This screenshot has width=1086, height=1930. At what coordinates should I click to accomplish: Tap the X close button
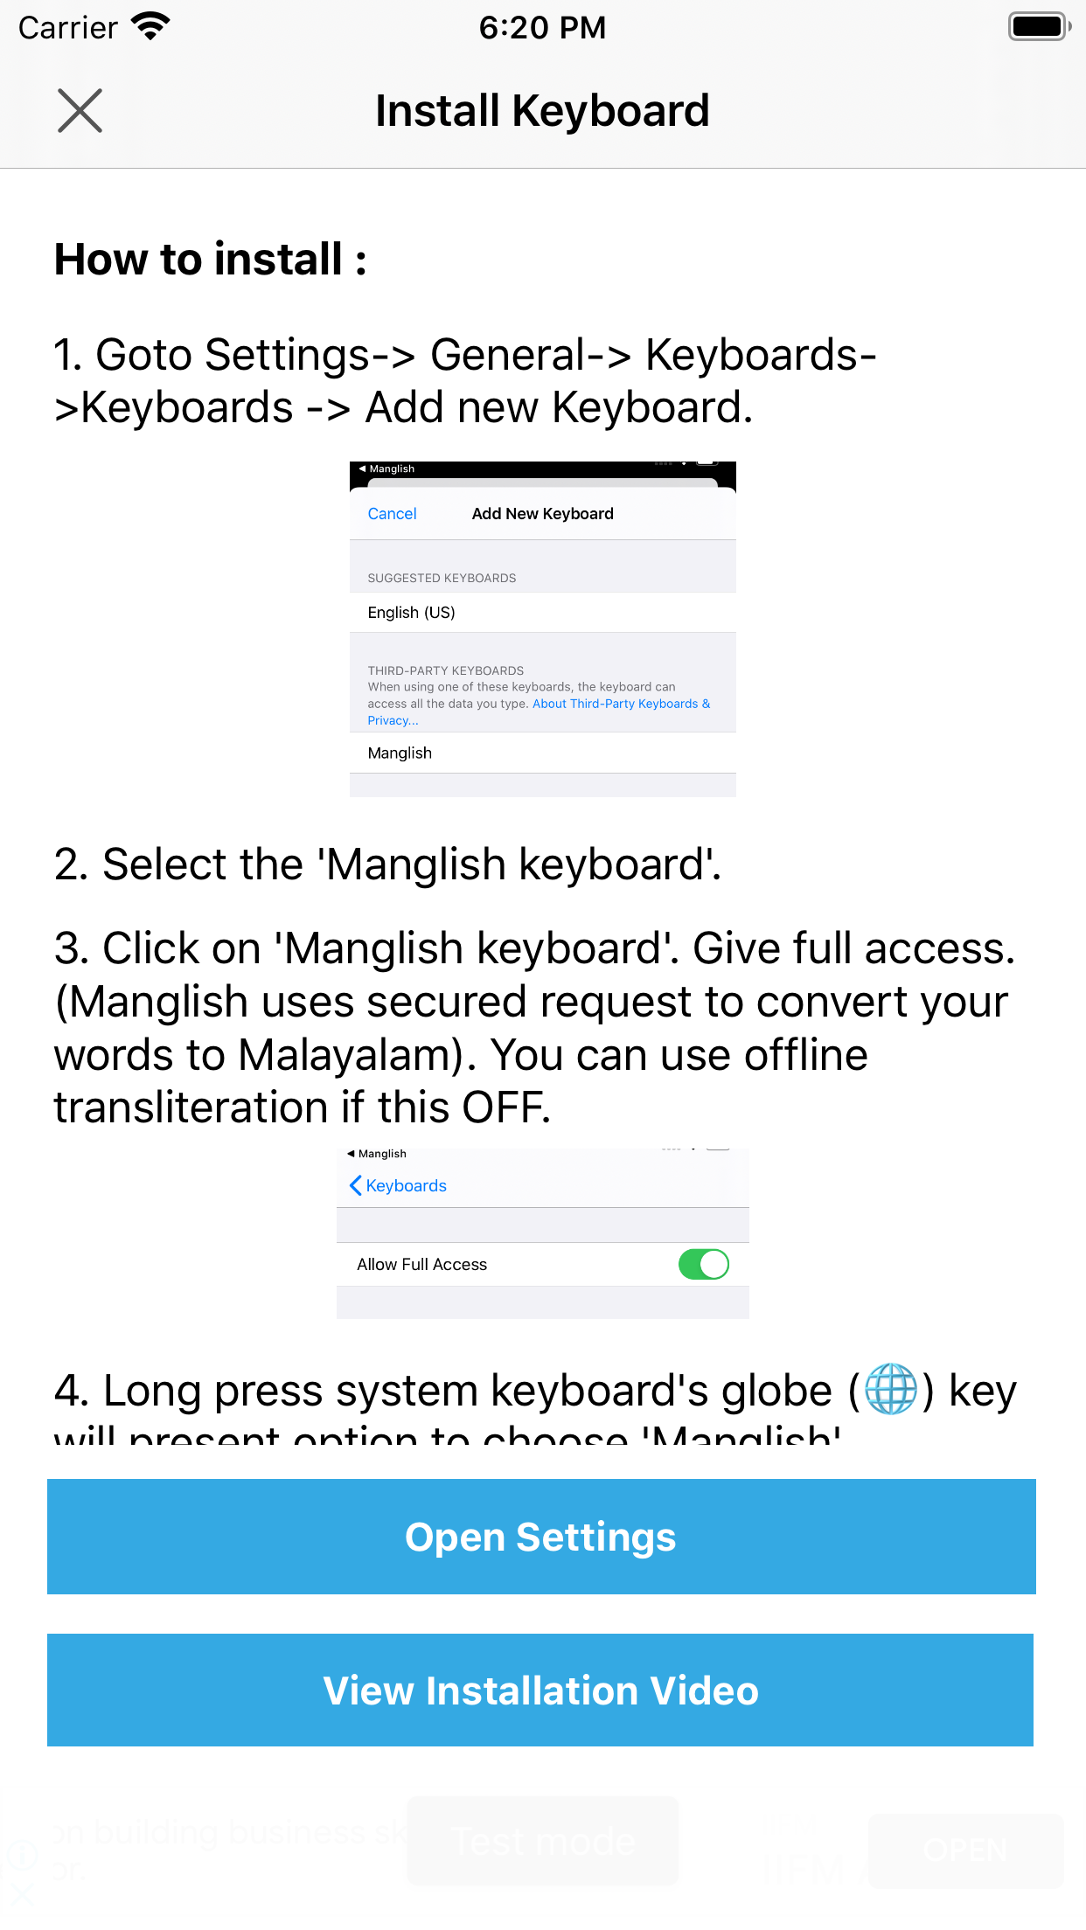click(80, 111)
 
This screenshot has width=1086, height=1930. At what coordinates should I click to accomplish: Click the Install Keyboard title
click(542, 111)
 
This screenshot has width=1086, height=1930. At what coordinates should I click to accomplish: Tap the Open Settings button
click(541, 1537)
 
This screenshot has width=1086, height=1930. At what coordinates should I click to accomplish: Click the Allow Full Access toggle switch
click(703, 1264)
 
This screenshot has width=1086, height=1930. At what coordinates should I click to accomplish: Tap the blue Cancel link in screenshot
click(392, 514)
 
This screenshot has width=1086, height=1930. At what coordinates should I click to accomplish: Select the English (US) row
click(411, 613)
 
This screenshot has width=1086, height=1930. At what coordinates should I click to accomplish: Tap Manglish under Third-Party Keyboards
click(400, 753)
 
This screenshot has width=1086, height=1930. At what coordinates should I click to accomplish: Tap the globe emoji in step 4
click(890, 1390)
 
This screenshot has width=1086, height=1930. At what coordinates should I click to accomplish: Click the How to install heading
click(210, 260)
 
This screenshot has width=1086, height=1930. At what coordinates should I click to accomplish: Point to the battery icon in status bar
click(1038, 27)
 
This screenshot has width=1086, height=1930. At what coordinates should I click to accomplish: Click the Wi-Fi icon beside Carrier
click(150, 27)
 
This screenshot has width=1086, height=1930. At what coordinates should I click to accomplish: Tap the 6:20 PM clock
click(542, 27)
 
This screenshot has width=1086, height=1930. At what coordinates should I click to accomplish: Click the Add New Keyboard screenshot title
click(542, 514)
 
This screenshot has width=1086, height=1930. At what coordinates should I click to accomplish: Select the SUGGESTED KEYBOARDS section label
click(442, 578)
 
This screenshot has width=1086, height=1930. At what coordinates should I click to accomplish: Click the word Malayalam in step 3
click(350, 1055)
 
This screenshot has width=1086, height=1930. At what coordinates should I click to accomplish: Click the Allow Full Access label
click(421, 1265)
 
